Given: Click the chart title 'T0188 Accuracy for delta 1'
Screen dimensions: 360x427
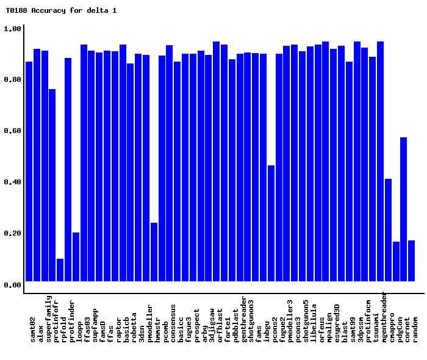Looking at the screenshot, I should [61, 10].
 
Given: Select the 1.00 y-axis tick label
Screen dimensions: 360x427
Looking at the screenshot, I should [13, 29].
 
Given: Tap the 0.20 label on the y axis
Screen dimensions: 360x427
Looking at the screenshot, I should [13, 234].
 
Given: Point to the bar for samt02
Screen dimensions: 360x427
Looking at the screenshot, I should [29, 171].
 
